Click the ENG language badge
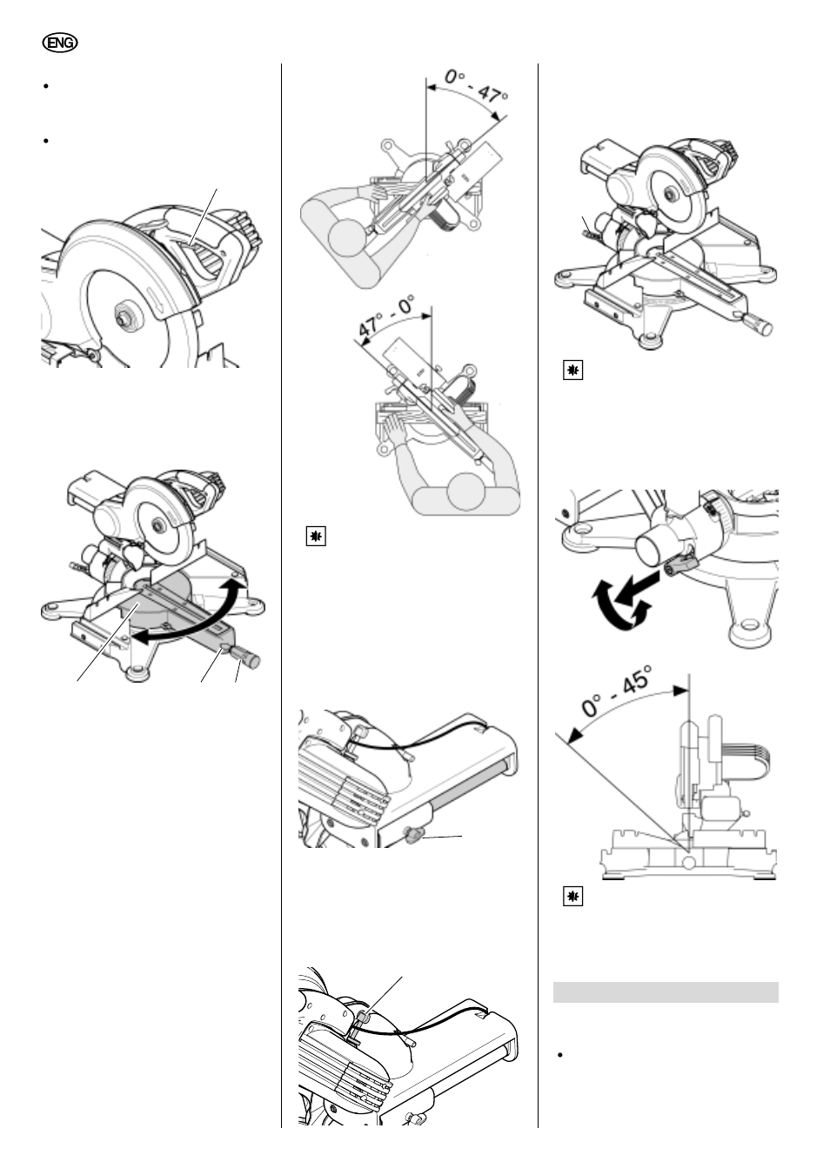pyautogui.click(x=60, y=43)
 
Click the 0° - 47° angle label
pyautogui.click(x=475, y=87)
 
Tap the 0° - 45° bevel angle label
pyautogui.click(x=616, y=691)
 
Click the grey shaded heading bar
pyautogui.click(x=666, y=992)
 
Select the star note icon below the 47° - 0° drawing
pyautogui.click(x=316, y=537)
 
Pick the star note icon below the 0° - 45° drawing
pyautogui.click(x=572, y=897)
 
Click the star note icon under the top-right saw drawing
pyautogui.click(x=572, y=371)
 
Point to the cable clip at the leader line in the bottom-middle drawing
pyautogui.click(x=364, y=1014)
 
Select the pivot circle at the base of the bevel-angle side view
pyautogui.click(x=689, y=862)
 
